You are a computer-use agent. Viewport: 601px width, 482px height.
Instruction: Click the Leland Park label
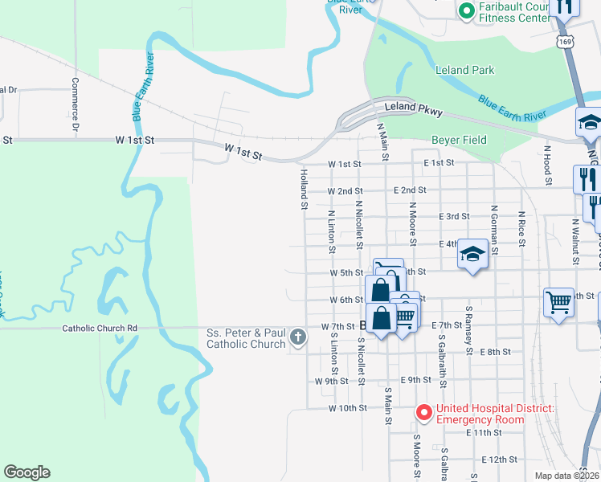click(464, 70)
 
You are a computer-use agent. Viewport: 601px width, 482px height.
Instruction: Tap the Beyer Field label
click(459, 140)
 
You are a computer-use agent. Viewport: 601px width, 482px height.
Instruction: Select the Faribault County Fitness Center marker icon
click(465, 10)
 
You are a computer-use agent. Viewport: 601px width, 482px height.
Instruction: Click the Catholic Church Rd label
click(100, 328)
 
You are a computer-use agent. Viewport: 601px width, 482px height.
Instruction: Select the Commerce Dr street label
click(76, 104)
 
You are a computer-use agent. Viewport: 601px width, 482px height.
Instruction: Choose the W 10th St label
click(348, 408)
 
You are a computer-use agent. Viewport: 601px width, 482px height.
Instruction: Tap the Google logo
click(27, 472)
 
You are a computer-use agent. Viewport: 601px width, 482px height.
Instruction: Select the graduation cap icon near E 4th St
click(472, 256)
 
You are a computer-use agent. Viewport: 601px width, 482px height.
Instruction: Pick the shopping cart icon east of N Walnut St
click(558, 303)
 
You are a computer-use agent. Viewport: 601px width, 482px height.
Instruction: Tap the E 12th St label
click(500, 459)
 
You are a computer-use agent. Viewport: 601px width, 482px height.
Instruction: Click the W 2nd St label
click(345, 191)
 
